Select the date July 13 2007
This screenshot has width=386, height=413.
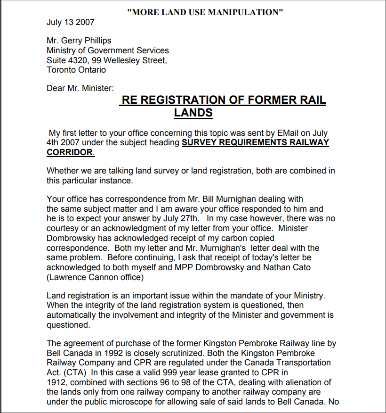pos(71,22)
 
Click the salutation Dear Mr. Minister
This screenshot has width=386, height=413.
pos(80,88)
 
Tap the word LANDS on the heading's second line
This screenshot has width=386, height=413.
pos(193,113)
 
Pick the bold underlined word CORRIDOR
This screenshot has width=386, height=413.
pos(70,152)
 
